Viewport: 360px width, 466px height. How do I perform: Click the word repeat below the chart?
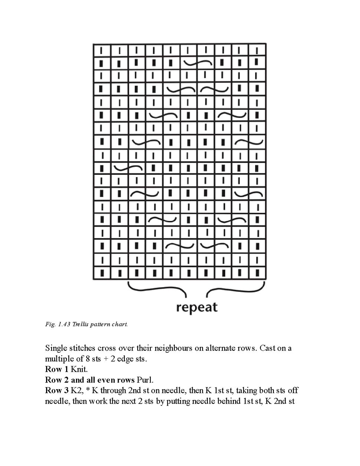[196, 307]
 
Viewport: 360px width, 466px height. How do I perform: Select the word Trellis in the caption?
[82, 324]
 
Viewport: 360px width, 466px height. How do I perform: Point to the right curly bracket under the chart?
[236, 289]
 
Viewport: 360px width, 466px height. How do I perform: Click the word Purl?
[145, 380]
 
